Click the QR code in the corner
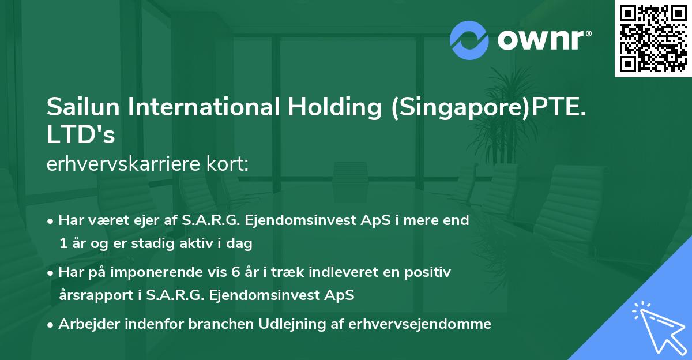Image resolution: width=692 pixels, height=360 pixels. pyautogui.click(x=652, y=39)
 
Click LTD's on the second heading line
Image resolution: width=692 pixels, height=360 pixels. pyautogui.click(x=81, y=135)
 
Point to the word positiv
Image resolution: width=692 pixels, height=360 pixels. pyautogui.click(x=430, y=272)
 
